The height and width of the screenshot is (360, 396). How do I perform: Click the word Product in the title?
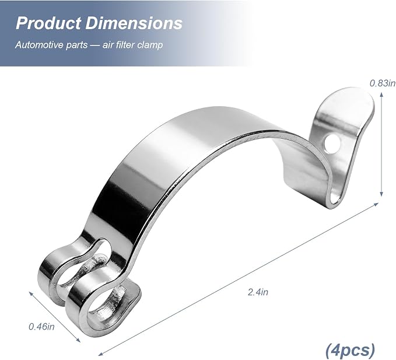(x=48, y=23)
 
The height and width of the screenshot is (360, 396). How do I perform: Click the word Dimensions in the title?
(x=134, y=23)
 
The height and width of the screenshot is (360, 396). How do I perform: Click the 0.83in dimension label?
(x=383, y=83)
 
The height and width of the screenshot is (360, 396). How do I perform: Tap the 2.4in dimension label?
(x=258, y=292)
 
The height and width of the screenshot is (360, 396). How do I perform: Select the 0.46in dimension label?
(x=41, y=327)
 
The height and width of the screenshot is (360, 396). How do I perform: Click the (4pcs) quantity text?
(x=350, y=350)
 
